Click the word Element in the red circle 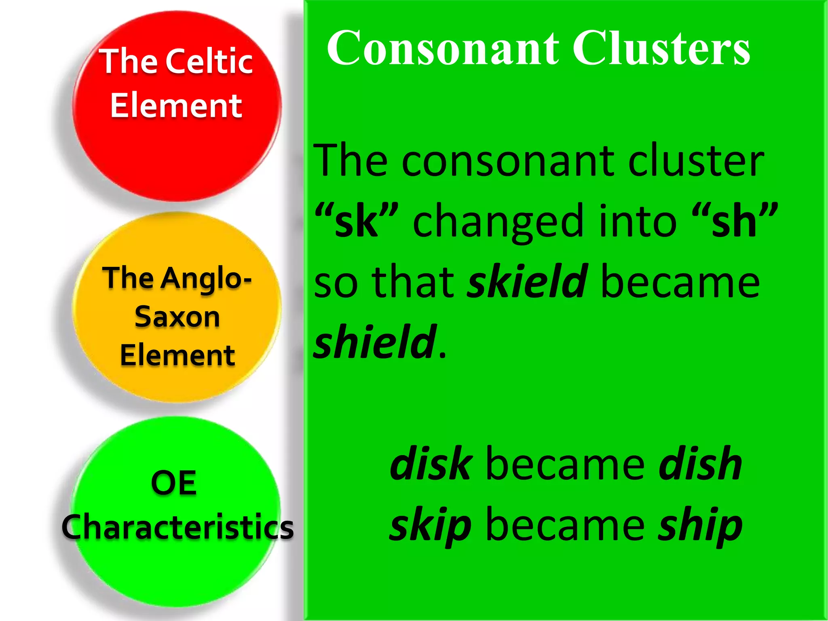(176, 106)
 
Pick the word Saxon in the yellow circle (177, 317)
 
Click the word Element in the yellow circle (177, 355)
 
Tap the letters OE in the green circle (174, 483)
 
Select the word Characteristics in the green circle (178, 527)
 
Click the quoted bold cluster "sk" (356, 222)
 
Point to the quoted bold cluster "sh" (734, 222)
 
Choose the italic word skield (527, 281)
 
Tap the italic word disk (431, 464)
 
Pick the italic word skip (430, 526)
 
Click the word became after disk (565, 464)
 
